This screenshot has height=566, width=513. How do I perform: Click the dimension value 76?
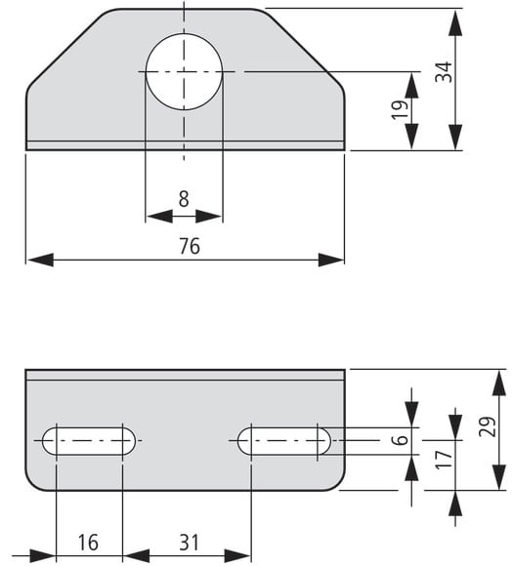[190, 246]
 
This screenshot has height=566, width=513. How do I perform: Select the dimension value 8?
[184, 199]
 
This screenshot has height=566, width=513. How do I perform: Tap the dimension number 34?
[444, 72]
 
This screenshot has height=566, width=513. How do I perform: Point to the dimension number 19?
[400, 109]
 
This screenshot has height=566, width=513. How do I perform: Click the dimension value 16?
[88, 543]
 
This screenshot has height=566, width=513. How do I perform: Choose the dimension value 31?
[189, 543]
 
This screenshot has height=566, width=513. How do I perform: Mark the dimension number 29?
[487, 426]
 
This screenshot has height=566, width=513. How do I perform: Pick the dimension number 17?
[444, 460]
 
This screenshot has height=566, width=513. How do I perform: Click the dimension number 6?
[400, 440]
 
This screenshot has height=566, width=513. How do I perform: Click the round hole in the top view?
[184, 72]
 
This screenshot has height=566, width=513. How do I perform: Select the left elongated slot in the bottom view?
[89, 441]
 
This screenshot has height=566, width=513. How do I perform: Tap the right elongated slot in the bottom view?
[284, 441]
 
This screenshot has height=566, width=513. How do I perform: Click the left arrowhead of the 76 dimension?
[40, 260]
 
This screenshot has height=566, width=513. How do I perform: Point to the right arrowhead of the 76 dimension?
[331, 260]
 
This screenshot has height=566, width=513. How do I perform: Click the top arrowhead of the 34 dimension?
[455, 23]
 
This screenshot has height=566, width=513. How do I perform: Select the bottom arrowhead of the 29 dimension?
[499, 477]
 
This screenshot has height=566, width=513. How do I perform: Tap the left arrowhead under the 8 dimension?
[160, 217]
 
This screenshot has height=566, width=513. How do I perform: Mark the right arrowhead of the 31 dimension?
[237, 556]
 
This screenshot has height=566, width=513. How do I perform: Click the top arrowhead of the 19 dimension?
[411, 85]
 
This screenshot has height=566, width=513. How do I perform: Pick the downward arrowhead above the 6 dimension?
[411, 415]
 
